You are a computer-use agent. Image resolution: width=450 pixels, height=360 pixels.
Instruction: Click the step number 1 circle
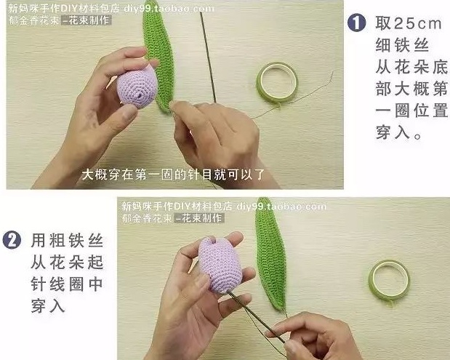pos(356,23)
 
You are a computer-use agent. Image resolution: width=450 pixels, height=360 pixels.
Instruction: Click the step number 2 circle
pos(12,240)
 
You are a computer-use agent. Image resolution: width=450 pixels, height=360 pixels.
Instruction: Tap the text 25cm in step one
pos(418,23)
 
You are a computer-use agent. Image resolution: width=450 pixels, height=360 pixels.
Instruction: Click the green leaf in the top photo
pos(158,55)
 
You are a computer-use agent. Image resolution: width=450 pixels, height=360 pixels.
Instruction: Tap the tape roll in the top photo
pos(277,82)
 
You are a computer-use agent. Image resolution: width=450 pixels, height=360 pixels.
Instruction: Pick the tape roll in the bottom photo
pos(389,281)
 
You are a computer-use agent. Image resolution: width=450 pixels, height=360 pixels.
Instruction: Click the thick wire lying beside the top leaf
pos(208,57)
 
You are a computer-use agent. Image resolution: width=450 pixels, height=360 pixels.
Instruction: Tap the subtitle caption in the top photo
pos(173,175)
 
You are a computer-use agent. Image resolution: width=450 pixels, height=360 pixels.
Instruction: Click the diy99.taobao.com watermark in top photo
pos(169,8)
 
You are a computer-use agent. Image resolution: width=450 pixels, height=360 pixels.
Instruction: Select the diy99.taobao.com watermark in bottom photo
pos(281,206)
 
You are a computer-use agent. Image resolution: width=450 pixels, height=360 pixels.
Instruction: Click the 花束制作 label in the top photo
pos(87,20)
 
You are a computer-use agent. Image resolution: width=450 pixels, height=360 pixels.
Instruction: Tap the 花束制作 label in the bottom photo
pos(199,218)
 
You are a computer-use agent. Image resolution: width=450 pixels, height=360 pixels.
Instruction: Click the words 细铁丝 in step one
pos(402,45)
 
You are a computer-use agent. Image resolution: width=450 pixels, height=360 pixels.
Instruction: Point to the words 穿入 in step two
pos(48,305)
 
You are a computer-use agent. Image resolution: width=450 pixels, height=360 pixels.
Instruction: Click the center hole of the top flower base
pos(140,95)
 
